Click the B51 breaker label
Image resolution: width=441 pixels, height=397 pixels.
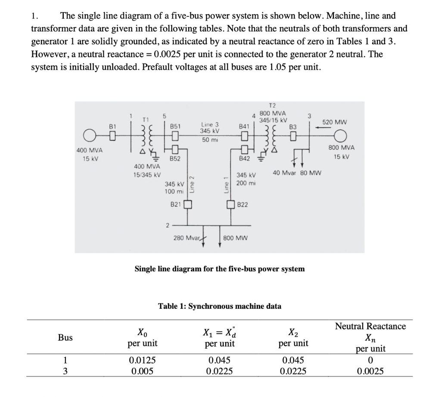[175, 127]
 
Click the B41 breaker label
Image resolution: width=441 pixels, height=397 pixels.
[244, 127]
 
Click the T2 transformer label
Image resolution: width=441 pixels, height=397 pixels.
[272, 105]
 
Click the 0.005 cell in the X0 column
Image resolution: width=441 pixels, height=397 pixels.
[142, 370]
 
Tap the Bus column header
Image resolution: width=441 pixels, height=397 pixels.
[65, 338]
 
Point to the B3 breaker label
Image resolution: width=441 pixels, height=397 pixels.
[293, 127]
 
